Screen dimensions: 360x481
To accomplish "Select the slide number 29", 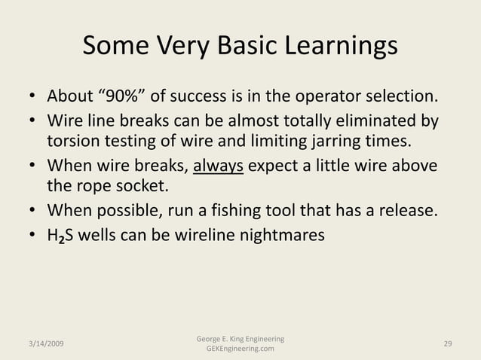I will click(448, 343).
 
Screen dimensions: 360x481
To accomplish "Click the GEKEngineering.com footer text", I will click(239, 350).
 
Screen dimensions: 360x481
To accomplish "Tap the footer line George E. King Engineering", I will click(239, 338).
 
